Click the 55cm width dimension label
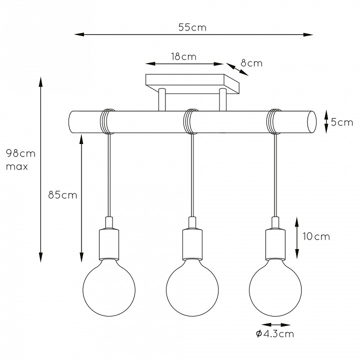pos(192,27)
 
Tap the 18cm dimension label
pos(184,56)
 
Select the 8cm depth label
pos(251,63)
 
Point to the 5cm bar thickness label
pos(342,122)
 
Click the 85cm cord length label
pos(62,195)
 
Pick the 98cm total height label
pos(20,153)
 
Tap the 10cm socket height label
pos(316,236)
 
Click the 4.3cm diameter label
pos(275,333)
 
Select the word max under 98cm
pos(17,166)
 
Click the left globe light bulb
pos(109,289)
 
